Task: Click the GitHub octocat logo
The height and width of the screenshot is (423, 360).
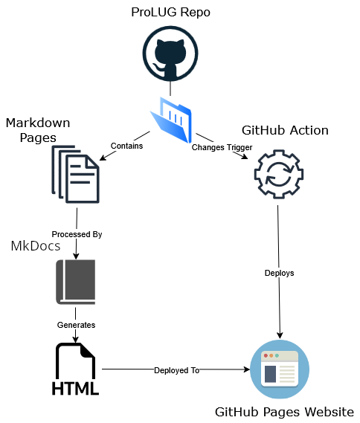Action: (170, 54)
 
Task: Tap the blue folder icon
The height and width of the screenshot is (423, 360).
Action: (171, 120)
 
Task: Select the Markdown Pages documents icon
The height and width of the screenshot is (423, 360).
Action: (76, 174)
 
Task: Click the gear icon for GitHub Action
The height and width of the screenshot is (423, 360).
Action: (279, 174)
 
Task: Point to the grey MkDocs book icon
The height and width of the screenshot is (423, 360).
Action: (76, 282)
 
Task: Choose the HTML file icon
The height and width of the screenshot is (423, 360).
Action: (76, 369)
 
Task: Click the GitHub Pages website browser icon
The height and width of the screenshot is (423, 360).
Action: (280, 369)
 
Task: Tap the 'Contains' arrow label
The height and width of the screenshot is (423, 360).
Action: (126, 146)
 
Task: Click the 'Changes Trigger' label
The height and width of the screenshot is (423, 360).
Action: (222, 147)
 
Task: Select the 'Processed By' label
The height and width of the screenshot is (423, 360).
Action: (77, 234)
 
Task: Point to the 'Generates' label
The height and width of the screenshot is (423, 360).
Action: (76, 325)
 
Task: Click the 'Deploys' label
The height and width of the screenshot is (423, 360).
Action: (280, 273)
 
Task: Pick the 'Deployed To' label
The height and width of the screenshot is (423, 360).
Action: (177, 370)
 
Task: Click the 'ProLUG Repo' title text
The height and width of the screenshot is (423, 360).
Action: (170, 12)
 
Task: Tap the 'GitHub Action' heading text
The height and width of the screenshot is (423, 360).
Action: (285, 130)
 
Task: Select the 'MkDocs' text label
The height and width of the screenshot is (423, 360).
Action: (36, 246)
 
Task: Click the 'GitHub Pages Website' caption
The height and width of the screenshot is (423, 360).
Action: (284, 412)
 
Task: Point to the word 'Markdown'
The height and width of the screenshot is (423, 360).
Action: (38, 123)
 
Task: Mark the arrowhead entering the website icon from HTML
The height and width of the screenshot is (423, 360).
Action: (247, 369)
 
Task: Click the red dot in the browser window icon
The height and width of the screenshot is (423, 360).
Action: (266, 355)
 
